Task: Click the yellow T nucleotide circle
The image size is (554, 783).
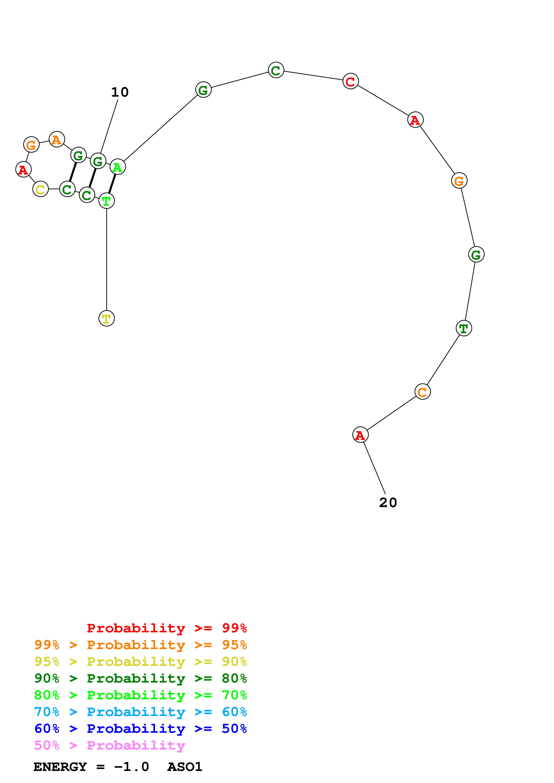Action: (107, 319)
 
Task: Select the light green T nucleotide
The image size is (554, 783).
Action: (107, 201)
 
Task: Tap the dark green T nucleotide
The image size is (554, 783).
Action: (463, 328)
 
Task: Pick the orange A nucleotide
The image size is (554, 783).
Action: (57, 140)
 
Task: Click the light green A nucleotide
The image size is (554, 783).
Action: (118, 167)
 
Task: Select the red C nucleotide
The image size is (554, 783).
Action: (351, 81)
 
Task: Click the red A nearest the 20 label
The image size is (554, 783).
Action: (360, 435)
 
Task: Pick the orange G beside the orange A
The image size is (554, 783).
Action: (31, 145)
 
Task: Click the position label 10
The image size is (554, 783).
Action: (120, 92)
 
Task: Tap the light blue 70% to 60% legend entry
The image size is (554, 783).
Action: (140, 712)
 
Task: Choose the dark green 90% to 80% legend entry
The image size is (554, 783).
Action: (140, 679)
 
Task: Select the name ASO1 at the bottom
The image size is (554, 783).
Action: (185, 767)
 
